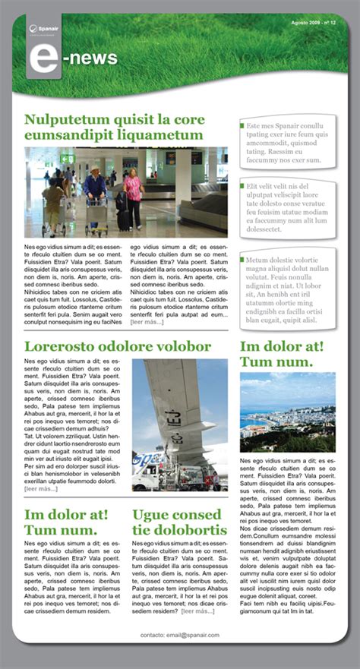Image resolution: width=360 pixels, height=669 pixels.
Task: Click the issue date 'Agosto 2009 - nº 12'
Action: point(314,23)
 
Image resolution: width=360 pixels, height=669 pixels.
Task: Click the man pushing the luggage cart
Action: point(95,194)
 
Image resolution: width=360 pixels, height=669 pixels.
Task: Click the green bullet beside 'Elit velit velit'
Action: point(242,185)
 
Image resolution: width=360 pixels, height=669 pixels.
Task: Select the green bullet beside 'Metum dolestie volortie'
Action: point(242,260)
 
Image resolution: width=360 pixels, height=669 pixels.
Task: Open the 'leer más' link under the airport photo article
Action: point(147,323)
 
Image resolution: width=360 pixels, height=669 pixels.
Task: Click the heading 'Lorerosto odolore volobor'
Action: point(118,347)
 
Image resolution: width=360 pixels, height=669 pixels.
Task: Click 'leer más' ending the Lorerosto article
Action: point(41,489)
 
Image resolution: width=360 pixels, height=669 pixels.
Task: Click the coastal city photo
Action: point(287,412)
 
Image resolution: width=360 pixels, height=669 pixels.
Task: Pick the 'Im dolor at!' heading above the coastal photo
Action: point(282,347)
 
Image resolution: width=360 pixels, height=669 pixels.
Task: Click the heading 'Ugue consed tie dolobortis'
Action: point(179,522)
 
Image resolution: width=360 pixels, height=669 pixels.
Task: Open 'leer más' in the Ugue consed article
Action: point(197,611)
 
